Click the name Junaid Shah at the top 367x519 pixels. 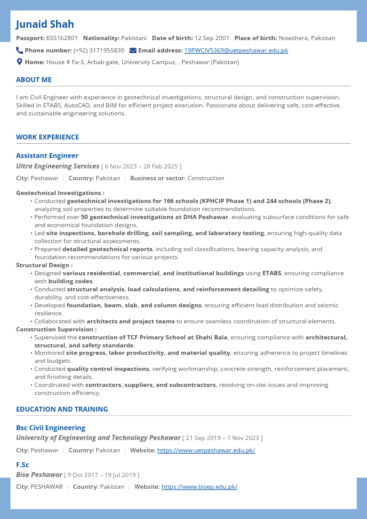[x=45, y=24]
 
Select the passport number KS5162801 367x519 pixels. [x=62, y=38]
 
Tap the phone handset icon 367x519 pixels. [x=20, y=50]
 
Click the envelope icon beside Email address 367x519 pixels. [x=133, y=50]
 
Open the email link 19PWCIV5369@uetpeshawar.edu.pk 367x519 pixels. [x=236, y=51]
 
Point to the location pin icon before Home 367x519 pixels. [x=20, y=62]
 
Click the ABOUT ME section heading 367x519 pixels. [x=34, y=80]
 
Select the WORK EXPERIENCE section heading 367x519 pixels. [x=47, y=137]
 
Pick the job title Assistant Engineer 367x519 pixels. [x=47, y=156]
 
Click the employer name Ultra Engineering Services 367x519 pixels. [x=57, y=166]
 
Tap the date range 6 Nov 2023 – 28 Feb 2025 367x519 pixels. [x=142, y=167]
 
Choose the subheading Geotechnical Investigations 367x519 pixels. [x=59, y=193]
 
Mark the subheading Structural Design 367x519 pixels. [x=43, y=265]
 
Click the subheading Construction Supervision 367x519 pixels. [x=56, y=330]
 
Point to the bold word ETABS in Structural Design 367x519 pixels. [x=272, y=273]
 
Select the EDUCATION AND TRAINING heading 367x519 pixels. [x=62, y=409]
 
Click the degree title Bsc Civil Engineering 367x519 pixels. [x=51, y=428]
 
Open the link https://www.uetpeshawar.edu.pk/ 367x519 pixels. [x=206, y=450]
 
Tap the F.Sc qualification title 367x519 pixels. [x=23, y=465]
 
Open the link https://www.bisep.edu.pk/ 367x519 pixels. [x=199, y=487]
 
